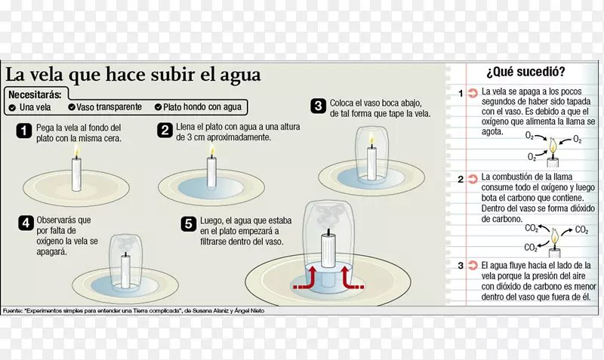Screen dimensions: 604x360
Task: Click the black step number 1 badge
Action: point(23,131)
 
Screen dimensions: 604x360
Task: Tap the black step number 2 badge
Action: point(165,130)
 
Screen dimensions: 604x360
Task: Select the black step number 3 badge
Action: point(318,106)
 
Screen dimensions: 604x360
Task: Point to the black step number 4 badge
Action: point(26,223)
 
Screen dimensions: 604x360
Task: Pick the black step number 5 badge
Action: point(189,223)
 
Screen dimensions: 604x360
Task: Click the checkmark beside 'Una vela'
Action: point(12,108)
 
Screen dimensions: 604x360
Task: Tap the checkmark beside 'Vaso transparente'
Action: point(72,107)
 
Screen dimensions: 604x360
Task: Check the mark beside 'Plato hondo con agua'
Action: point(158,107)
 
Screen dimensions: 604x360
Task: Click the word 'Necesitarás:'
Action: point(35,94)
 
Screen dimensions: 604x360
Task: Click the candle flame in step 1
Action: point(77,151)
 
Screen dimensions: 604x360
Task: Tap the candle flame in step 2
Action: point(211,150)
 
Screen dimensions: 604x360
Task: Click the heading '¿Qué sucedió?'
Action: point(525,72)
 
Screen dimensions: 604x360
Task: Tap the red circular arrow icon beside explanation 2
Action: point(473,179)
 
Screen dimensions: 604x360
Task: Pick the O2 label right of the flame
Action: point(577,139)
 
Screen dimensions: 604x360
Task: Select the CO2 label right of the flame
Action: point(581,230)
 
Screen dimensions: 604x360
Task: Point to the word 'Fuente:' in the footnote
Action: point(12,310)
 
